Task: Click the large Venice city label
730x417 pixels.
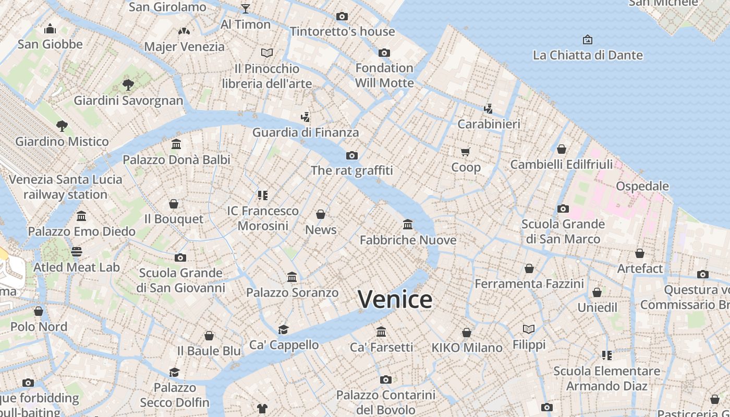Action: [x=395, y=300]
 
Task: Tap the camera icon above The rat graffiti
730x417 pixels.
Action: [x=352, y=155]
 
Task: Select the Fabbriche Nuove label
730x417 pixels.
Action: [x=408, y=240]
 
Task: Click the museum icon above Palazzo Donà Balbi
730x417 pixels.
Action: [x=176, y=144]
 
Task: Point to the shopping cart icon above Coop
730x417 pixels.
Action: [x=466, y=152]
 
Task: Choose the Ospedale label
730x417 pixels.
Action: [x=642, y=186]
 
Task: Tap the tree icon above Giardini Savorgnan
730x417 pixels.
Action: [x=128, y=84]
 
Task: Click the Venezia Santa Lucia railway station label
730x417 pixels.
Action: [x=66, y=187]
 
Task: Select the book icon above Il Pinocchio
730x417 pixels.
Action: [x=267, y=53]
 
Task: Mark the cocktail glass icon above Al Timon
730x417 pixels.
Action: [x=245, y=8]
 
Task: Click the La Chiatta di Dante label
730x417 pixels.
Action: [x=588, y=55]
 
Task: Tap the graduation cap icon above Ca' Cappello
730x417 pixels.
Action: [x=283, y=329]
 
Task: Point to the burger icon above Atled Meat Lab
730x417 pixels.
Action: [x=77, y=252]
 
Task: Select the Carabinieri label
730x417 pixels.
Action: [x=489, y=124]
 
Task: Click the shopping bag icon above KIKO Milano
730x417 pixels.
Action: [x=467, y=333]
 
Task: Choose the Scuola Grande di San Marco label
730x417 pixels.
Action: [x=563, y=231]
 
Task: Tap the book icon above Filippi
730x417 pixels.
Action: [x=529, y=329]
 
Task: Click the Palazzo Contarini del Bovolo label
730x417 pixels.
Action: [x=385, y=402]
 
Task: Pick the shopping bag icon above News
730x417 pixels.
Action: [x=321, y=214]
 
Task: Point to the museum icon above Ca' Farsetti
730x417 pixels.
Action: [x=381, y=332]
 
